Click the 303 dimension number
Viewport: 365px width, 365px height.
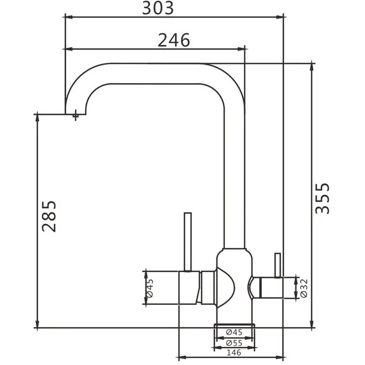pos(158,8)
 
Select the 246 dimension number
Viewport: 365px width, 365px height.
pos(174,40)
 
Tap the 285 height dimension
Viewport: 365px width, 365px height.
pos(49,216)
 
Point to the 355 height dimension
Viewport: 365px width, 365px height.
pos(322,198)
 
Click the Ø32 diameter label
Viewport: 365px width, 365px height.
pos(304,288)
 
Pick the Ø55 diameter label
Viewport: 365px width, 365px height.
pos(234,343)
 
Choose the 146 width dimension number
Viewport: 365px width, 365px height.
pos(234,352)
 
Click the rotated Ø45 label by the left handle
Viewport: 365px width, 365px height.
pos(150,288)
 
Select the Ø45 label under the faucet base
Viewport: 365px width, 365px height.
pos(234,332)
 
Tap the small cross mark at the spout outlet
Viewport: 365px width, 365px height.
pos(75,115)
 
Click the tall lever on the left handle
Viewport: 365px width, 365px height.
pos(188,242)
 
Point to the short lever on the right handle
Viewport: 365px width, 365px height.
pos(278,265)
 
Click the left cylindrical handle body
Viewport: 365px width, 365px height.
pos(189,288)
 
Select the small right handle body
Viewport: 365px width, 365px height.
pos(268,288)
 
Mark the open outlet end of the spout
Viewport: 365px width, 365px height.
pos(76,114)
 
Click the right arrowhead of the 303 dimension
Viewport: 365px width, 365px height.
pos(280,17)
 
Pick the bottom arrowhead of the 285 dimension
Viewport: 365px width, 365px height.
pos(37,324)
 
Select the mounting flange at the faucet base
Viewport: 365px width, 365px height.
pos(234,326)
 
